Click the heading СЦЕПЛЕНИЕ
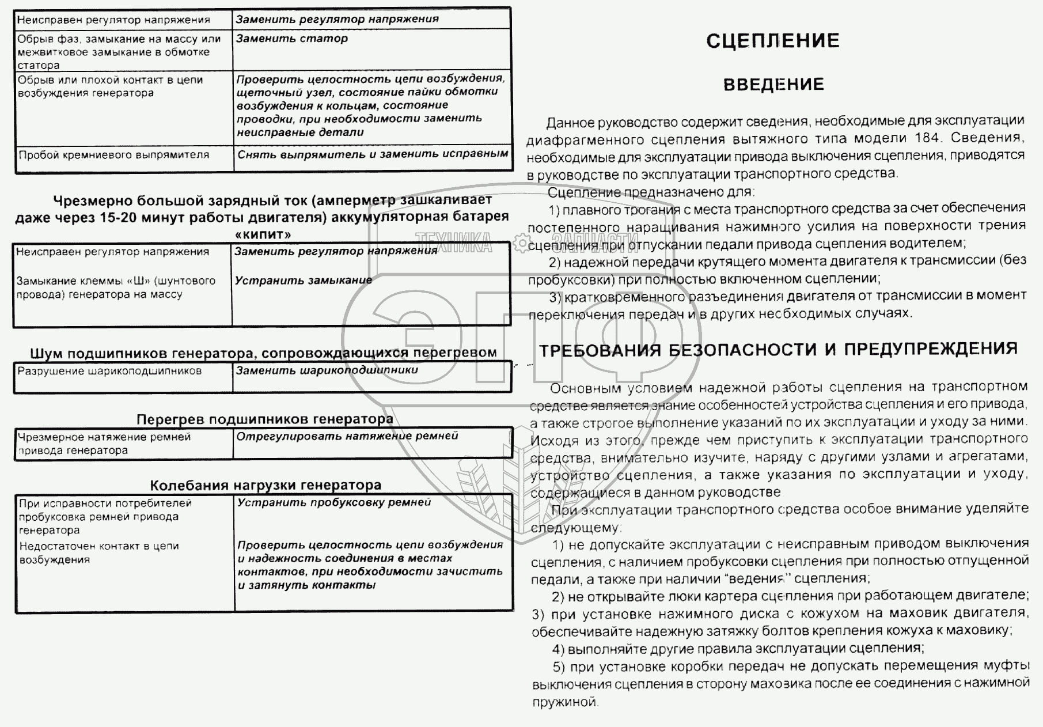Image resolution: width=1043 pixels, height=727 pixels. (x=772, y=41)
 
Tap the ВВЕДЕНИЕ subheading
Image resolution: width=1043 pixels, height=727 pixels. (x=773, y=85)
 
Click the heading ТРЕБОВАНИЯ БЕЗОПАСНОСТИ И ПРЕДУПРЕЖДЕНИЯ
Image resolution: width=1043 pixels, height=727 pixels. (x=778, y=350)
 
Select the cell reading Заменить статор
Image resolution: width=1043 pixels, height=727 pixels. (x=292, y=39)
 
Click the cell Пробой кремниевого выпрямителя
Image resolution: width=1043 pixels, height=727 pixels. (x=114, y=155)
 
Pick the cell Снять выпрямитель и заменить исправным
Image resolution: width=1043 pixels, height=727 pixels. (x=373, y=154)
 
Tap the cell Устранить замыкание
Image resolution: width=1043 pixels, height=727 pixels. (x=303, y=281)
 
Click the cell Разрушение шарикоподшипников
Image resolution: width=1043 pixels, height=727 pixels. (x=109, y=372)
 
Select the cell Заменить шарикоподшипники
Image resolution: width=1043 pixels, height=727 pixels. (x=327, y=370)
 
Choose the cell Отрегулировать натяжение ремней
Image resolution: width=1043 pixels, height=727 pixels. (x=347, y=436)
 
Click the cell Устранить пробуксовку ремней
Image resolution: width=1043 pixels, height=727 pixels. (x=334, y=502)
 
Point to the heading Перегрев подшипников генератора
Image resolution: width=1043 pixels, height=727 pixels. (x=264, y=419)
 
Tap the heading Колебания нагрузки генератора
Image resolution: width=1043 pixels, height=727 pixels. (x=266, y=485)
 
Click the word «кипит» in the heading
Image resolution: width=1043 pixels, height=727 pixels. (x=263, y=234)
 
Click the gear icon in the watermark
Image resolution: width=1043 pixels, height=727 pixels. (x=521, y=243)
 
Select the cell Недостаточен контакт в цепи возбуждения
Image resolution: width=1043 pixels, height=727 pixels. (x=99, y=552)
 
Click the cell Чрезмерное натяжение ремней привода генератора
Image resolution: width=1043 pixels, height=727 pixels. (x=104, y=444)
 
